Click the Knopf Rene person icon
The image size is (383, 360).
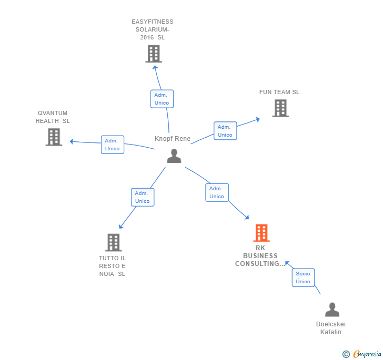(174, 156)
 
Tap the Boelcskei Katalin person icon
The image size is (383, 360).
(332, 310)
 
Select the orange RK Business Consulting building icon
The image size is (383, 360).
(261, 233)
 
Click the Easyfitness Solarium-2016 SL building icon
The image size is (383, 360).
(153, 54)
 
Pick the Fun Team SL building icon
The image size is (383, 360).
(280, 108)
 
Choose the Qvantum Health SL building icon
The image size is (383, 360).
(54, 137)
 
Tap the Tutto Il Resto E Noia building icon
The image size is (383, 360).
(113, 242)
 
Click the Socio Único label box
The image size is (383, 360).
(303, 277)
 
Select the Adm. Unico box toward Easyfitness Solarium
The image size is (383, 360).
(162, 99)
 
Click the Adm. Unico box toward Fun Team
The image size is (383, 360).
(225, 131)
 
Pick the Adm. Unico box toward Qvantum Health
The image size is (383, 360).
(113, 145)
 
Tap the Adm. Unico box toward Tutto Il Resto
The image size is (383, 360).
(142, 197)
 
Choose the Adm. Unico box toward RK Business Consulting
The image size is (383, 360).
(217, 192)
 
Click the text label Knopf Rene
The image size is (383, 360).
(173, 139)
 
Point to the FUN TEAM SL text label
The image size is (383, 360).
(279, 92)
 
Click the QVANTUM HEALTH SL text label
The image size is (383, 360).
(53, 117)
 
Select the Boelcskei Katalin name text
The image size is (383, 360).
(331, 328)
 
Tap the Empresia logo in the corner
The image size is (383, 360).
(362, 354)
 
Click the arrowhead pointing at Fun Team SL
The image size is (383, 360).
(257, 119)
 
